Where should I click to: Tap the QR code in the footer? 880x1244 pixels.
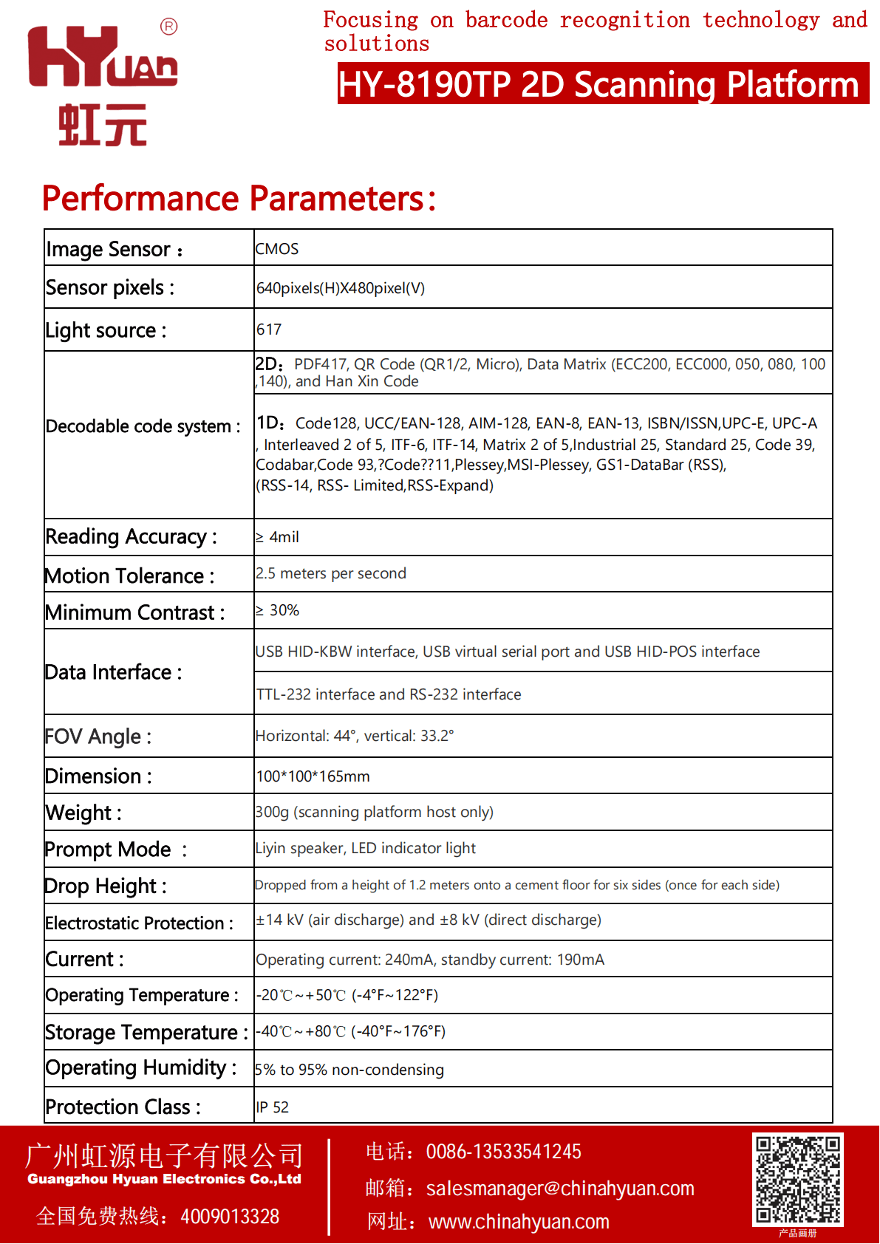pos(797,1179)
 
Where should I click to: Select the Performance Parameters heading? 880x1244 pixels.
pos(239,199)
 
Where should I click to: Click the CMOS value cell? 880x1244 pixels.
pos(277,249)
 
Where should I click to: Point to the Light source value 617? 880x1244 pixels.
pos(269,329)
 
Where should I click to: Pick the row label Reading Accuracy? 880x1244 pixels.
pos(131,537)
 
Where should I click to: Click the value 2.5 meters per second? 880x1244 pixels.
pos(331,574)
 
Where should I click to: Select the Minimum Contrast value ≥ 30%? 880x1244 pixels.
pos(278,611)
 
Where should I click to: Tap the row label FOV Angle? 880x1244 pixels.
pos(98,737)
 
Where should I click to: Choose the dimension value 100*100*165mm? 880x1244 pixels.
pos(313,776)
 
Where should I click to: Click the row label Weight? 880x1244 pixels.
pos(83,813)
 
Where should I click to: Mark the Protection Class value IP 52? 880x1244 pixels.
pos(272,1107)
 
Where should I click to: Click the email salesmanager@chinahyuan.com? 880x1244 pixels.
pos(560,1189)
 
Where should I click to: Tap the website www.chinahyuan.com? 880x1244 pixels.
pos(519,1223)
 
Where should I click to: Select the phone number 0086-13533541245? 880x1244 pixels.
pos(503,1152)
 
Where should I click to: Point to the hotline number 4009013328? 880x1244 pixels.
pos(230,1217)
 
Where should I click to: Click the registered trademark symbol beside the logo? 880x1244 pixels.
pos(168,27)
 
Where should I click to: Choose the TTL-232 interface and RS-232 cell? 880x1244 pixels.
pos(389,695)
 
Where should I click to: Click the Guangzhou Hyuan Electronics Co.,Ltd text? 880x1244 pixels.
pos(164,1180)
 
